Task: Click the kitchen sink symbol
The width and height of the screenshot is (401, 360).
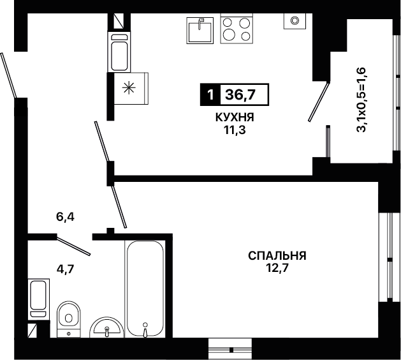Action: (x=200, y=31)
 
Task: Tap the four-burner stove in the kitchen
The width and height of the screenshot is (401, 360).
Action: (x=237, y=28)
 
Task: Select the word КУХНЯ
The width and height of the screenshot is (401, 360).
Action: (x=235, y=117)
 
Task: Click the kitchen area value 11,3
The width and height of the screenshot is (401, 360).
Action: (x=235, y=130)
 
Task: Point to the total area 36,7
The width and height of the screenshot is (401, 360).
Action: (x=240, y=94)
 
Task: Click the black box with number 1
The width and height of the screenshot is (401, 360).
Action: (x=210, y=94)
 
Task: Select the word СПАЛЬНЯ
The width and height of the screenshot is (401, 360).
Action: (x=277, y=255)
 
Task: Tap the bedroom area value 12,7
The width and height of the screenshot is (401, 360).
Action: (x=277, y=268)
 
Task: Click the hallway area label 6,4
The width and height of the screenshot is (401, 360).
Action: (x=65, y=217)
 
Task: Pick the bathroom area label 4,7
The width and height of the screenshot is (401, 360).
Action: (x=65, y=269)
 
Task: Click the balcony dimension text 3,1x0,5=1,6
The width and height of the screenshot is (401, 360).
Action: (x=362, y=100)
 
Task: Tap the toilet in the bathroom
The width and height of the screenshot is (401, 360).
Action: (x=69, y=319)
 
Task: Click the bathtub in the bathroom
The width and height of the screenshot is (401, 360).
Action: (x=145, y=289)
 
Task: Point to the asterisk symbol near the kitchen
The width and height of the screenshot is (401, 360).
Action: (x=129, y=88)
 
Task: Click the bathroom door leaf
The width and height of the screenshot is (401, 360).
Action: (x=73, y=246)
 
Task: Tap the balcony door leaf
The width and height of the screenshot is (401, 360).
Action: (x=319, y=102)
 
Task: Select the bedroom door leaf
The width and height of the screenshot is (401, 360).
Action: (x=119, y=207)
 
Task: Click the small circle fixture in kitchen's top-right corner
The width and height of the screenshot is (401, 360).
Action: (x=295, y=20)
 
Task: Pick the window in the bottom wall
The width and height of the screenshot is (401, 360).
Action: (x=230, y=349)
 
